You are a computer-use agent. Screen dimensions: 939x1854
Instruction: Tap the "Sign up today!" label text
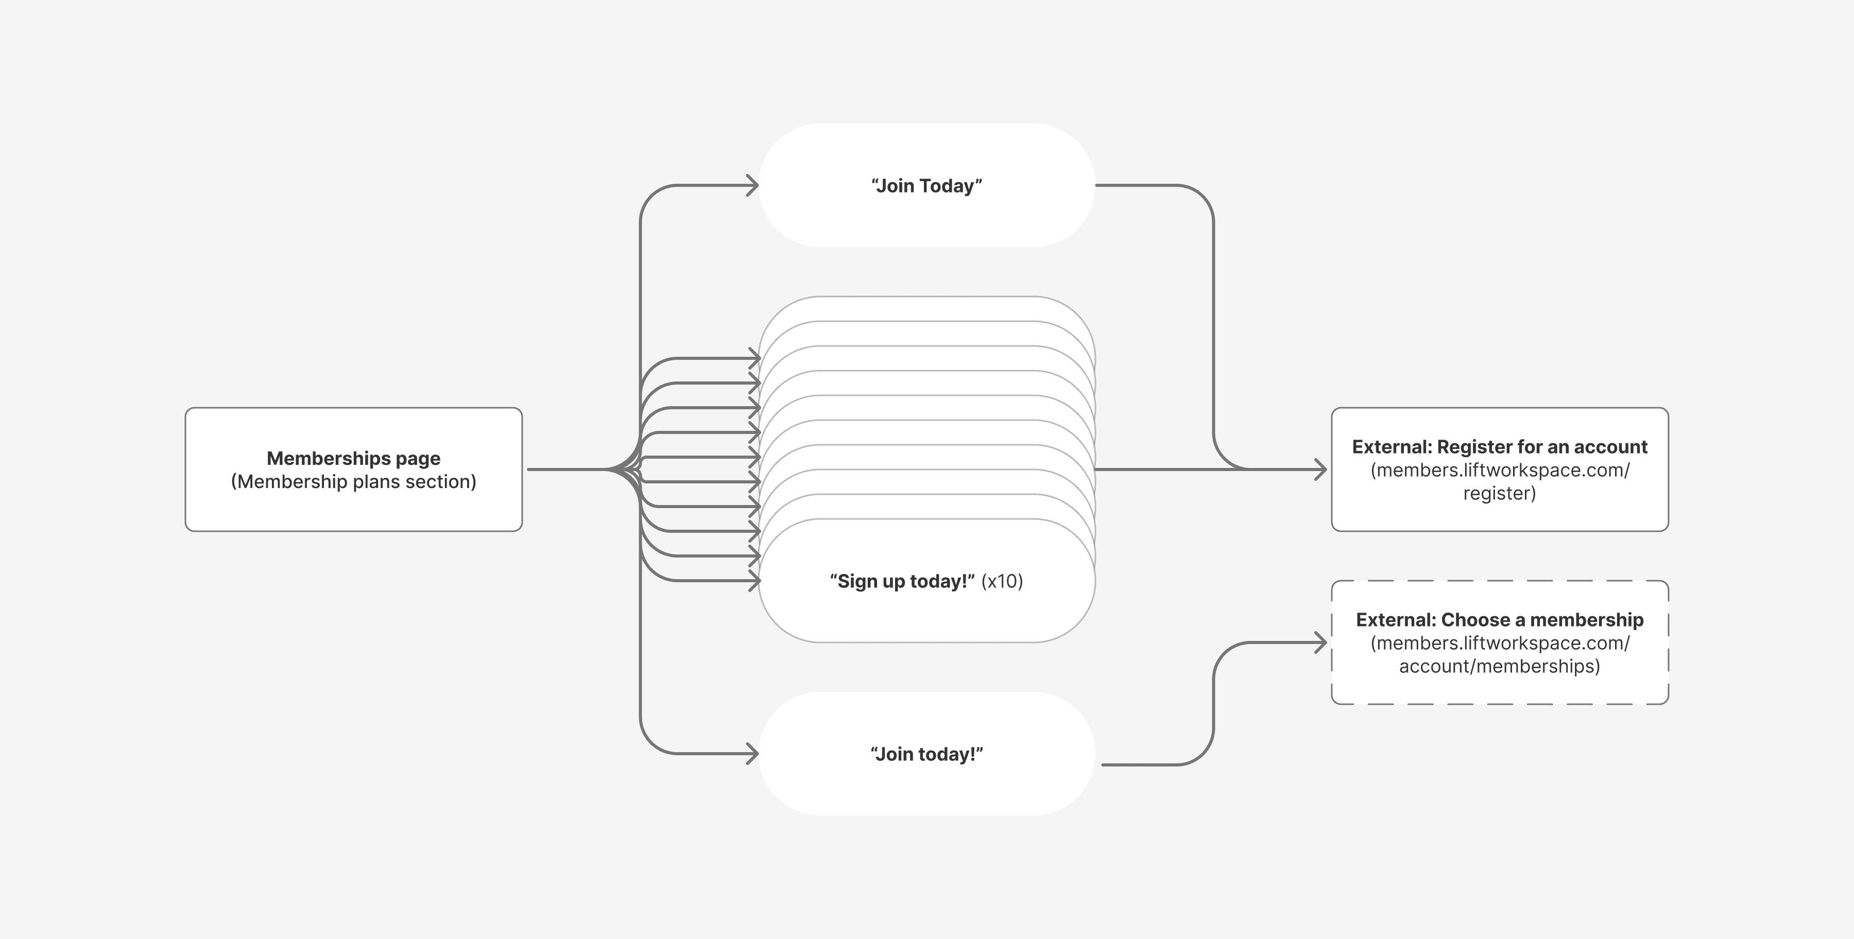click(901, 581)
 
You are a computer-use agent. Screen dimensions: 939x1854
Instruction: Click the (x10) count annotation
click(1002, 581)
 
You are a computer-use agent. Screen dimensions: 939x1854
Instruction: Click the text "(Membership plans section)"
click(353, 481)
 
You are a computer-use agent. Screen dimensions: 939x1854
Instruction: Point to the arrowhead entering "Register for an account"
click(1320, 470)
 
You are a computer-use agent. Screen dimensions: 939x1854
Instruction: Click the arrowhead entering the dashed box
click(1320, 642)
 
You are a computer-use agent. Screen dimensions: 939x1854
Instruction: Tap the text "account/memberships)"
click(1499, 666)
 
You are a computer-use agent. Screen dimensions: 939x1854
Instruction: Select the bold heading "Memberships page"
click(353, 458)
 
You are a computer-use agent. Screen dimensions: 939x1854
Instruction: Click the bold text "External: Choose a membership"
click(1499, 619)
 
